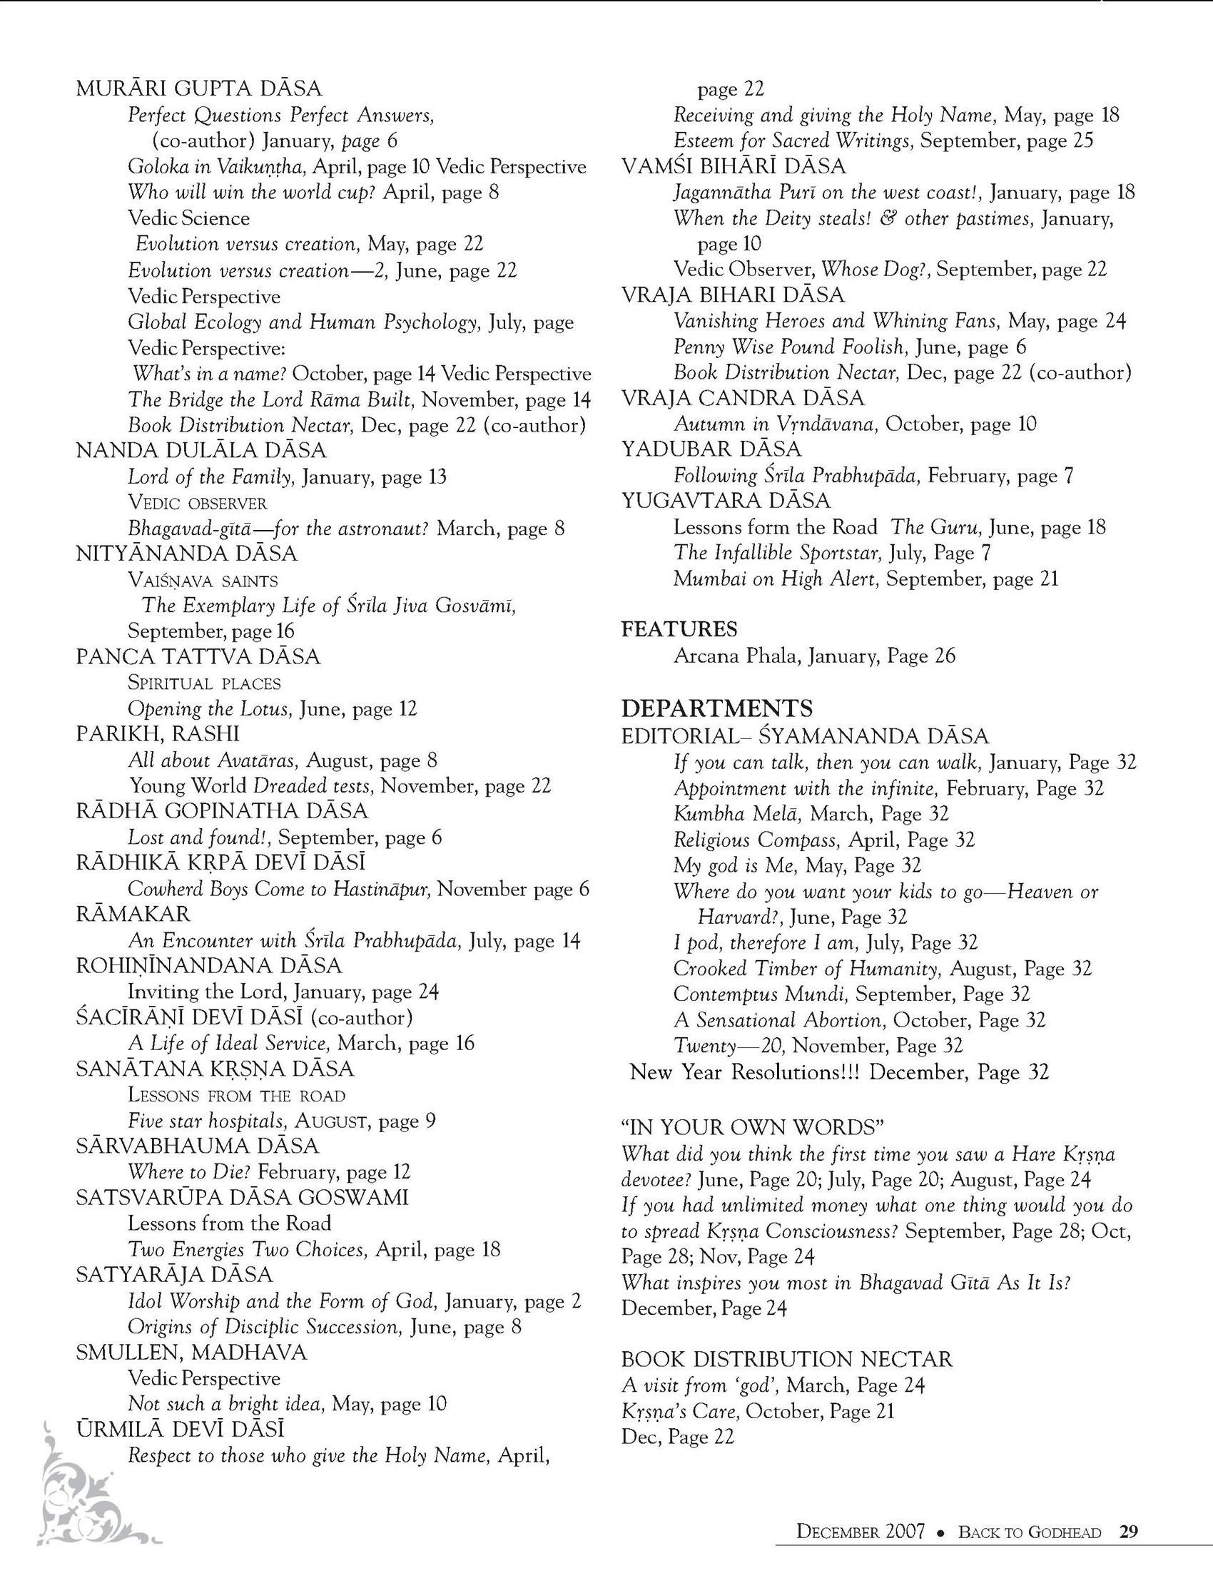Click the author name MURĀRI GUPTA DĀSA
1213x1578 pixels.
198,88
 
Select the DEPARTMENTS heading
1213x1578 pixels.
717,707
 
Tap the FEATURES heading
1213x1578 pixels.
679,629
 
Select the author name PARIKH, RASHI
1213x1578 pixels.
158,733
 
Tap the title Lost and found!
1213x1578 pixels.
199,838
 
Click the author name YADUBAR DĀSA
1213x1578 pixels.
711,449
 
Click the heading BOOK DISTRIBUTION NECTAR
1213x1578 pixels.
787,1359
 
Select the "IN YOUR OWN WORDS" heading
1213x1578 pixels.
753,1128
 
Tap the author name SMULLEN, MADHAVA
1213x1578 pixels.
191,1352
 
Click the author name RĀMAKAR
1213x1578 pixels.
133,915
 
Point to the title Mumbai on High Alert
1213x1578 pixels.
776,579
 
